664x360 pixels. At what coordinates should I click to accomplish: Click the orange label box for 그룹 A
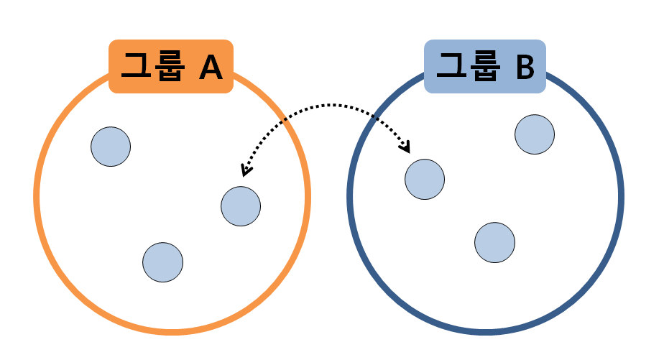[x=171, y=66]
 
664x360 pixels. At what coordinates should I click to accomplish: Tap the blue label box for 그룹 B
[x=485, y=66]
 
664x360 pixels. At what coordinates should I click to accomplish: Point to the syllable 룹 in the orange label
[x=169, y=67]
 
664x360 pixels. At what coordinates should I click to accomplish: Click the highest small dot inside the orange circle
[x=111, y=147]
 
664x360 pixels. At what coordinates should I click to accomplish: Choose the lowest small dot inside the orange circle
[x=163, y=262]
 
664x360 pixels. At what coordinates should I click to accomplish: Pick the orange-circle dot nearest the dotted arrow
[x=241, y=206]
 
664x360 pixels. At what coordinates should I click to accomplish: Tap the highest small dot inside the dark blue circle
[x=535, y=134]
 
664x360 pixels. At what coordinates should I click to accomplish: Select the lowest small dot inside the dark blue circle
[x=495, y=242]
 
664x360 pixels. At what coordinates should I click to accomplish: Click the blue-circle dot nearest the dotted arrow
[x=425, y=179]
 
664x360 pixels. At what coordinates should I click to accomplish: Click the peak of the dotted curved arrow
[x=327, y=105]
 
